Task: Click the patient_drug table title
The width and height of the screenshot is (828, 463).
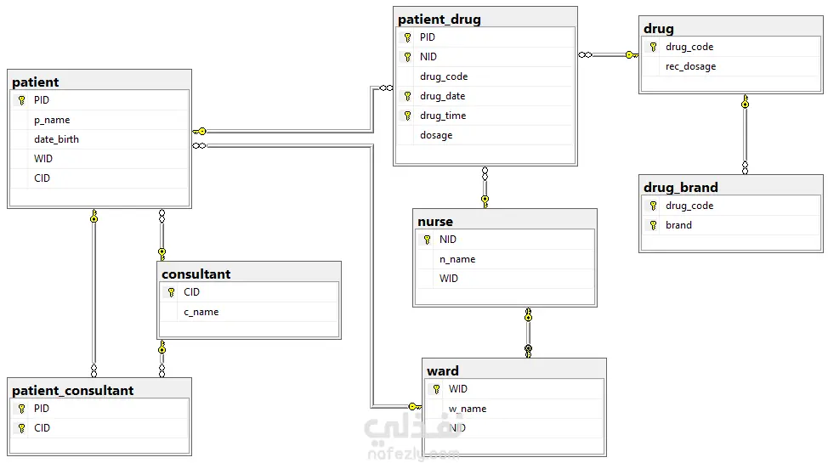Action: (x=440, y=20)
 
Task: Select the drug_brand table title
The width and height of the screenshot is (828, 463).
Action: (x=681, y=188)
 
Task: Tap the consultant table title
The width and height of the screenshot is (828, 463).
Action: (x=196, y=274)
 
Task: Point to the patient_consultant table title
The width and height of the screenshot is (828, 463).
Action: (x=73, y=390)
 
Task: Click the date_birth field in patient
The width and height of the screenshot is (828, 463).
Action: (x=56, y=139)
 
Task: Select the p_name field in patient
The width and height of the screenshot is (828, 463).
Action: (x=52, y=121)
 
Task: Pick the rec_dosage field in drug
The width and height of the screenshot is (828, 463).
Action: (x=690, y=66)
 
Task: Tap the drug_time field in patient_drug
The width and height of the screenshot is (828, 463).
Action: (x=443, y=116)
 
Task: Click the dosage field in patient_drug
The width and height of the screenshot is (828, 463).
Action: (x=436, y=135)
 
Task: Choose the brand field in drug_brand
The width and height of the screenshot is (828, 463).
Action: (x=678, y=225)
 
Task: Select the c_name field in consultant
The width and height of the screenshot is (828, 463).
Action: (x=201, y=312)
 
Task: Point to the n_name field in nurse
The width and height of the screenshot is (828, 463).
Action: (x=457, y=259)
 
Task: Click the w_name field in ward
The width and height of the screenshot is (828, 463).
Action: (x=468, y=409)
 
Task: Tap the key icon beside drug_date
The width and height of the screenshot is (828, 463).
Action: (x=408, y=96)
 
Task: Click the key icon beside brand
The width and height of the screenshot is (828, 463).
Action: (x=653, y=225)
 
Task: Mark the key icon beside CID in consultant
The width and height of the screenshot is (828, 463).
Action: (x=171, y=292)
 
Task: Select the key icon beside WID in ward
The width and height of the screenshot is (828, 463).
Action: (x=436, y=389)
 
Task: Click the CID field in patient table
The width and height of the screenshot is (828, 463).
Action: (x=42, y=178)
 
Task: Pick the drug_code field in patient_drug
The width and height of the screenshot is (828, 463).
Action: (x=444, y=76)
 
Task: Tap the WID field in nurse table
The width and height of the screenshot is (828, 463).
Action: (x=448, y=278)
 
